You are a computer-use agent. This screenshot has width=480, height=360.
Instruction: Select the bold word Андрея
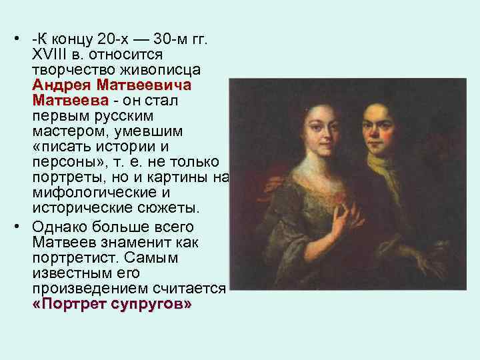click(x=62, y=85)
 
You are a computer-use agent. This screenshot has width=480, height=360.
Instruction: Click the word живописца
click(x=159, y=70)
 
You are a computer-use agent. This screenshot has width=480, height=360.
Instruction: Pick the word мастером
click(x=66, y=132)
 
